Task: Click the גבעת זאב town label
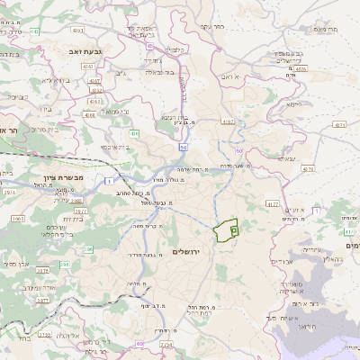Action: click(x=80, y=52)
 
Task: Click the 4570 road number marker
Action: click(x=308, y=167)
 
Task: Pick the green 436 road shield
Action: click(x=134, y=133)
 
